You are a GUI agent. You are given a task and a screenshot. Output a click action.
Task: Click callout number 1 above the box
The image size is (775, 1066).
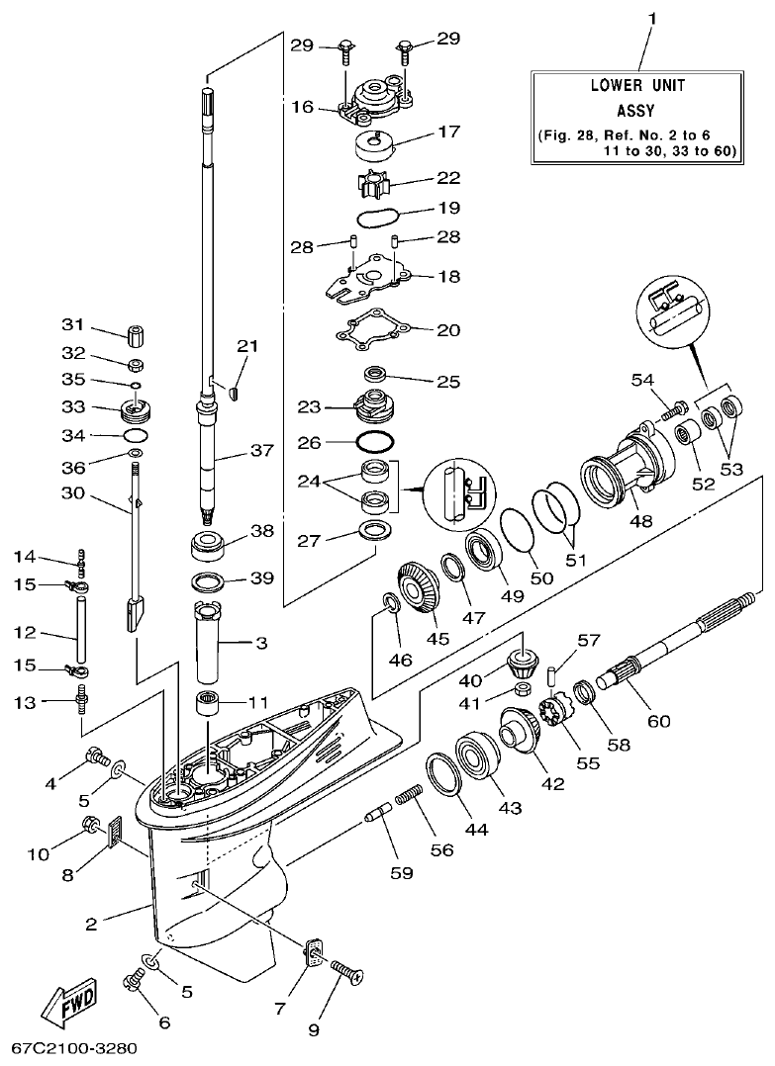click(652, 19)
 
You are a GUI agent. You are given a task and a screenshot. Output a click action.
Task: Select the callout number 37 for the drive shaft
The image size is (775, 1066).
click(260, 452)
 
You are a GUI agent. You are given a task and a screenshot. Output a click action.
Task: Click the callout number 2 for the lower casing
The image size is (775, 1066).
click(91, 926)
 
